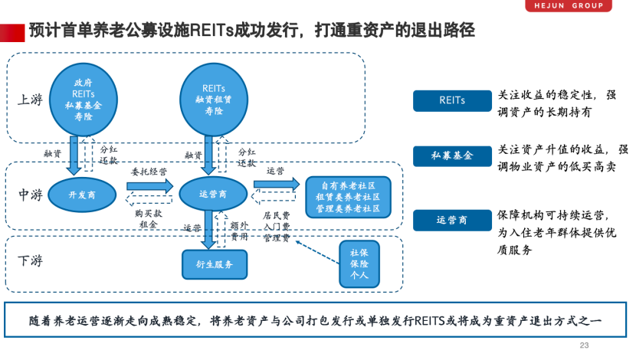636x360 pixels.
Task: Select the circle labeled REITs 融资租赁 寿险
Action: [x=213, y=99]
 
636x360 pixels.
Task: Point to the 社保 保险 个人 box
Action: [x=359, y=263]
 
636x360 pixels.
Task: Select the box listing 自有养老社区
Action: [x=348, y=197]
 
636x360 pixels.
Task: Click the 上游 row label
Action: [x=31, y=99]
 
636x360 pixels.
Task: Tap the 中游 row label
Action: [x=31, y=195]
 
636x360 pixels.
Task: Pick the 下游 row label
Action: [x=31, y=260]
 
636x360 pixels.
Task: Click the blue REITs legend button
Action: [x=451, y=100]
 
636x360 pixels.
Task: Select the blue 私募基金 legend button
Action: [x=451, y=155]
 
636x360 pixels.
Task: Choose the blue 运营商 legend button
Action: [x=451, y=220]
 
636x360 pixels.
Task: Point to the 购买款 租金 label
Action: [x=146, y=218]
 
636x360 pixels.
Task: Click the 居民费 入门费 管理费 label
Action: [x=276, y=227]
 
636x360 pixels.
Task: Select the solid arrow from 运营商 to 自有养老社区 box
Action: [x=277, y=185]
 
